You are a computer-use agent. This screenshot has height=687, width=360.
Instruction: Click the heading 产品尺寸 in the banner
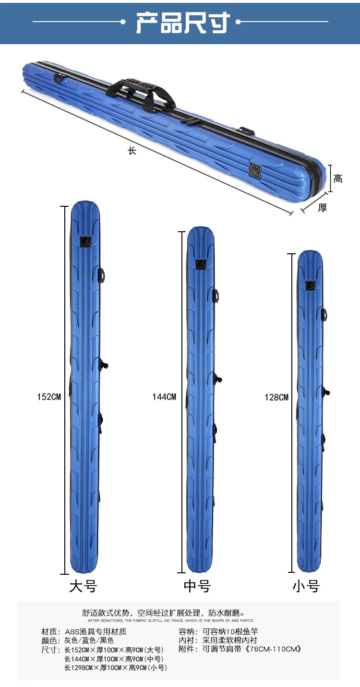(x=183, y=23)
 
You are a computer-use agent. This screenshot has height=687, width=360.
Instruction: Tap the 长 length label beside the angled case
(x=132, y=151)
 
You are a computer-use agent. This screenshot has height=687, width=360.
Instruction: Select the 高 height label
(x=338, y=178)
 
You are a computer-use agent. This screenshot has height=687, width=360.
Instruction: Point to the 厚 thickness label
(x=322, y=208)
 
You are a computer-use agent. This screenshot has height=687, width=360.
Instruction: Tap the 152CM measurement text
(x=49, y=397)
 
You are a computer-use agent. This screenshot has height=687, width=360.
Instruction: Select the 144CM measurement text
(x=164, y=397)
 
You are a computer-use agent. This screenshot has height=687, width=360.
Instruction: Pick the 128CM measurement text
(x=276, y=398)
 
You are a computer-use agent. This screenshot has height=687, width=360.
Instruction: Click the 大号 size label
(x=83, y=586)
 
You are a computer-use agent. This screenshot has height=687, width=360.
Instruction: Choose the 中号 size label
(x=197, y=586)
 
